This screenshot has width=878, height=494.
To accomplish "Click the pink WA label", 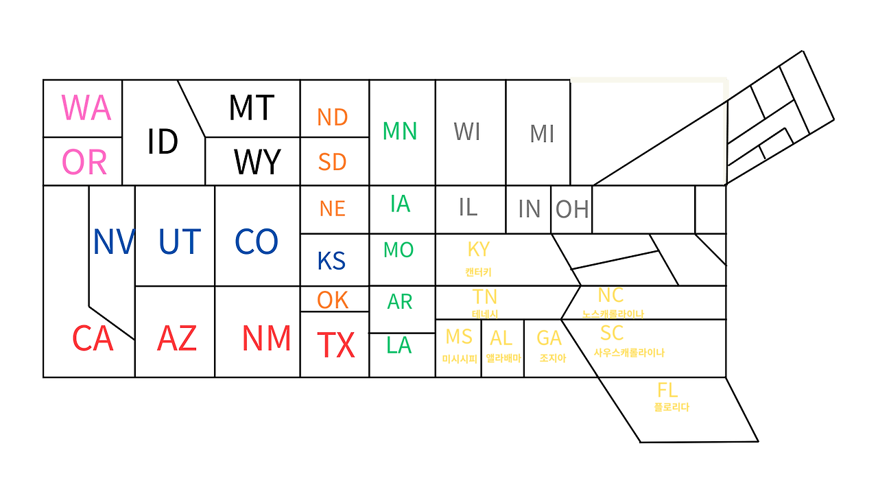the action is click(x=86, y=108).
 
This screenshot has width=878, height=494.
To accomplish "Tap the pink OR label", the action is click(x=84, y=162).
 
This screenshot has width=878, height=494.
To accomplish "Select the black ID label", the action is click(x=163, y=141).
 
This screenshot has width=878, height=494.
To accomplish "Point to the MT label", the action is click(x=251, y=108).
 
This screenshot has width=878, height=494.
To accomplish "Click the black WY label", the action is click(x=257, y=161).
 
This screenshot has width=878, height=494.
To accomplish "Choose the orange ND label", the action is click(x=333, y=117).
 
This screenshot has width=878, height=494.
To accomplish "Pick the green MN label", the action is click(x=399, y=131).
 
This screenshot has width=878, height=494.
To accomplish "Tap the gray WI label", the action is click(x=467, y=132).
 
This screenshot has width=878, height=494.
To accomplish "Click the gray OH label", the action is click(x=572, y=209).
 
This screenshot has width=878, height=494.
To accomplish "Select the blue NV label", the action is click(x=114, y=242).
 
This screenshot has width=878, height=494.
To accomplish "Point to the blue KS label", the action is click(x=331, y=261).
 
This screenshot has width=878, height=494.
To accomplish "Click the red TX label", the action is click(x=336, y=344).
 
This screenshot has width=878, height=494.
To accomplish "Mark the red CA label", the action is click(x=93, y=338).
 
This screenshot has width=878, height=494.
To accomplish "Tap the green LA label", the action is click(x=399, y=345).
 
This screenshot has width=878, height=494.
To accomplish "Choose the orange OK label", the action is click(x=333, y=301).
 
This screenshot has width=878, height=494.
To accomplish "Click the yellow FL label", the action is click(x=667, y=390).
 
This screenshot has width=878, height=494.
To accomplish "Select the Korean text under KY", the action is click(x=478, y=272).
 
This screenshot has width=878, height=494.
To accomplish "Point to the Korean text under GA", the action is click(x=553, y=358).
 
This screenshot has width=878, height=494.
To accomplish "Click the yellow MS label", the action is click(x=459, y=337).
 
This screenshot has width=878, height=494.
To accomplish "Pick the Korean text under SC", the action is click(x=629, y=353).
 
